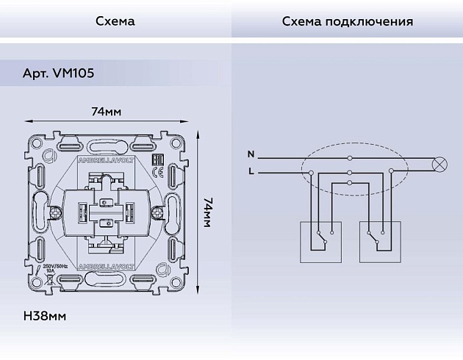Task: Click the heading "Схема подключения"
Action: click(347, 21)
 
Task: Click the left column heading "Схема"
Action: click(115, 21)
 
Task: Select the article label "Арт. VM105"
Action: click(58, 74)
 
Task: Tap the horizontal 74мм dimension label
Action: click(107, 112)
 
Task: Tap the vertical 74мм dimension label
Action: click(207, 212)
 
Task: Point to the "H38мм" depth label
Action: click(46, 317)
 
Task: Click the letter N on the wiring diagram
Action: click(251, 155)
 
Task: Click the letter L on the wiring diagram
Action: click(251, 172)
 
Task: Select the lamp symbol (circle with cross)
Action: click(442, 165)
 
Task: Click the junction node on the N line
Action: click(350, 158)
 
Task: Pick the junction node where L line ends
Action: click(312, 173)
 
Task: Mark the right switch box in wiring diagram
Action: click(381, 241)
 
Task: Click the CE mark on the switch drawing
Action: click(156, 173)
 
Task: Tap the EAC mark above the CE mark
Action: click(156, 160)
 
